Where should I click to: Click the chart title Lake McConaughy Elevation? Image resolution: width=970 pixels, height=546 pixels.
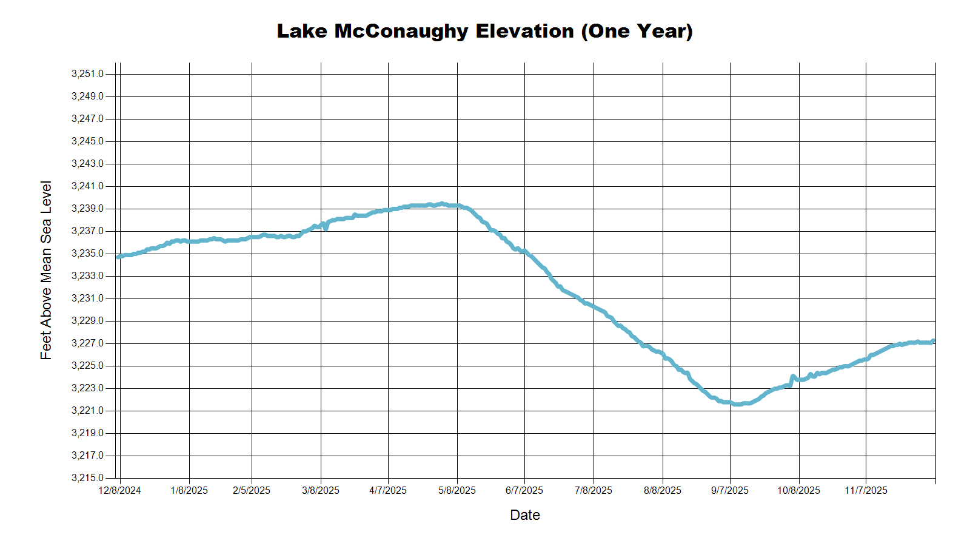[484, 31]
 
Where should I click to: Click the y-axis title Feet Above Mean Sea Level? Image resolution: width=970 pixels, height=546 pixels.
[46, 270]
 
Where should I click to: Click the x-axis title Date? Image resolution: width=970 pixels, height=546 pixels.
[525, 515]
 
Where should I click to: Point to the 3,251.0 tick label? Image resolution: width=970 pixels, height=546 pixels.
[87, 74]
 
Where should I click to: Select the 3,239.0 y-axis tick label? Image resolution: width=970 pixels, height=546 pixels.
[87, 209]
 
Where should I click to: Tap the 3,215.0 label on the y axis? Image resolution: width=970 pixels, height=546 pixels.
[87, 478]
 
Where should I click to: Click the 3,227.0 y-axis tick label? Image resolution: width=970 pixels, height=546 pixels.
[87, 343]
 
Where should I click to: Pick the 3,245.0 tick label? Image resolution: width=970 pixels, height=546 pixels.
[87, 141]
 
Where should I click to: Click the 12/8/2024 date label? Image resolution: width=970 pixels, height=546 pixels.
[119, 490]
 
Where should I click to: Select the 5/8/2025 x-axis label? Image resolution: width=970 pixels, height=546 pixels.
[457, 490]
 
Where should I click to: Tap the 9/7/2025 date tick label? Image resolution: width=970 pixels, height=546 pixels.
[730, 490]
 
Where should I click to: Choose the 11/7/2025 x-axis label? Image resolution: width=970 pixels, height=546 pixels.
[866, 490]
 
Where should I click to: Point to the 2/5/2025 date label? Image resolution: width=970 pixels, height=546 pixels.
[252, 490]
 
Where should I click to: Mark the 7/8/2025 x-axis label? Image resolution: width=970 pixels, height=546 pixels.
[594, 490]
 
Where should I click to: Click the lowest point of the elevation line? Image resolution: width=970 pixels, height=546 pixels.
[737, 404]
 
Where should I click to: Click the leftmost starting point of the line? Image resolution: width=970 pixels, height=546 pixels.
[118, 257]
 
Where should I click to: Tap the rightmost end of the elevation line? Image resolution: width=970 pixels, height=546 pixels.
[934, 341]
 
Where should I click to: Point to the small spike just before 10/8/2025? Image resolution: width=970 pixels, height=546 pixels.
[793, 377]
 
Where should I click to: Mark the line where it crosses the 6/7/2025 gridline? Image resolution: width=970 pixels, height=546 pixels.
[524, 251]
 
